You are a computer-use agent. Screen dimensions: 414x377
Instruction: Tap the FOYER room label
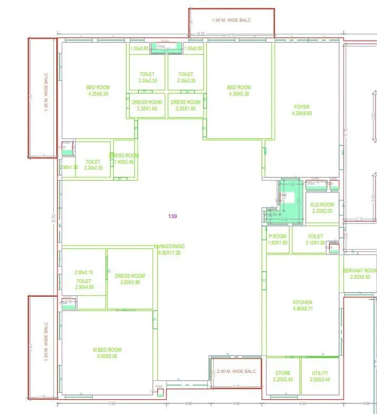coord(302,107)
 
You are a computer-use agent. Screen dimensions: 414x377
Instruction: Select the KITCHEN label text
coord(303,303)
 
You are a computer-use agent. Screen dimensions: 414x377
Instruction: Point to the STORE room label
coord(283,373)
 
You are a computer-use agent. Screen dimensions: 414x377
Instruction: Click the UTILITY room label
coord(320,373)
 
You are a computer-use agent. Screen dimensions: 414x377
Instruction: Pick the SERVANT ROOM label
coord(360,270)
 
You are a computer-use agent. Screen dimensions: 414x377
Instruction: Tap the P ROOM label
coord(277,237)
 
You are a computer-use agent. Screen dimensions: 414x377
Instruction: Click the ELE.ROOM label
coord(322,204)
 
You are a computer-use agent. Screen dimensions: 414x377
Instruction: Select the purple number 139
coord(172,216)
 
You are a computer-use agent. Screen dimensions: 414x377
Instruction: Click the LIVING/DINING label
coord(169,247)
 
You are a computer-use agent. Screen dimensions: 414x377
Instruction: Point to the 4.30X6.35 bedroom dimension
coord(239,94)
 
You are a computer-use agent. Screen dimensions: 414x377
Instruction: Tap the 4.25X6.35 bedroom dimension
coord(98,94)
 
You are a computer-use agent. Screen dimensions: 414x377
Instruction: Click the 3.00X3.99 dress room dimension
coord(130,283)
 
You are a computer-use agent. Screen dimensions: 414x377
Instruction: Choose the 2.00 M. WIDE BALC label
coord(236,371)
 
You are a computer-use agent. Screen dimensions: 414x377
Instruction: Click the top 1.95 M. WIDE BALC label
coord(231,20)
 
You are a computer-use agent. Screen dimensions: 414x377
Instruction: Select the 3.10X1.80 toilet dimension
coord(315,243)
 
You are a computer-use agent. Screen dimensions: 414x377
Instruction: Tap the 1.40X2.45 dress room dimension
coord(124,162)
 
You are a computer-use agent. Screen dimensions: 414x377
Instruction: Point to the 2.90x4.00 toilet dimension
coord(84,287)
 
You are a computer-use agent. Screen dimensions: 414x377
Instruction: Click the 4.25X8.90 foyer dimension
coord(302,113)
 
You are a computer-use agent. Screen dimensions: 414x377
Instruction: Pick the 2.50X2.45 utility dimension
coord(320,379)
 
